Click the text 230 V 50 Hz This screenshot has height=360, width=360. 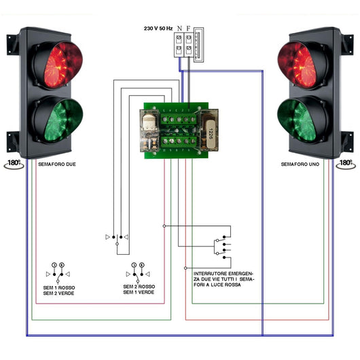[x=158, y=29]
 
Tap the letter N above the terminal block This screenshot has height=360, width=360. [x=179, y=29]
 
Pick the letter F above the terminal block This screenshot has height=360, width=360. [x=187, y=29]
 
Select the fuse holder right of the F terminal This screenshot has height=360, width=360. [x=198, y=45]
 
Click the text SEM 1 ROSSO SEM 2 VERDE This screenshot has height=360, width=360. [x=58, y=290]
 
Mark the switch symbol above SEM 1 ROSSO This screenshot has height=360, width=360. [x=58, y=271]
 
